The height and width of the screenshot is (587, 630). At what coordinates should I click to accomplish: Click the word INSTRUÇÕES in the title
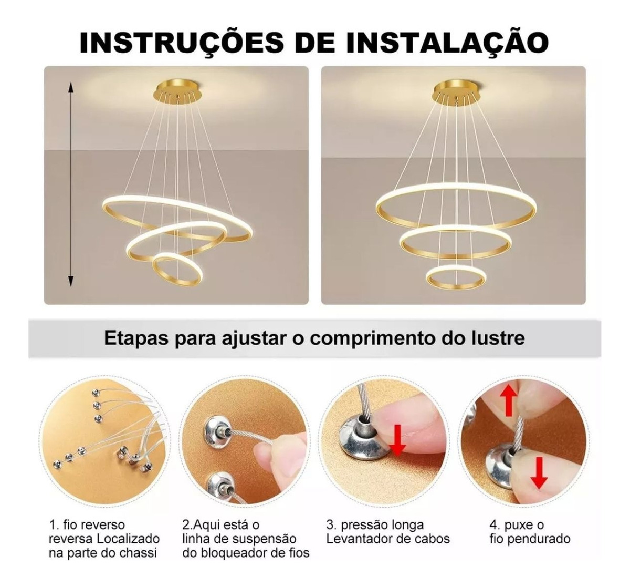182,42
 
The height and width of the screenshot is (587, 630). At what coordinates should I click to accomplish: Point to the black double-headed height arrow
71,184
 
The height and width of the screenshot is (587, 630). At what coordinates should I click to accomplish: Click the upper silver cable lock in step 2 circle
217,428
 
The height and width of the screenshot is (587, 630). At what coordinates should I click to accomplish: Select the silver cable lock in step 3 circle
358,436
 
